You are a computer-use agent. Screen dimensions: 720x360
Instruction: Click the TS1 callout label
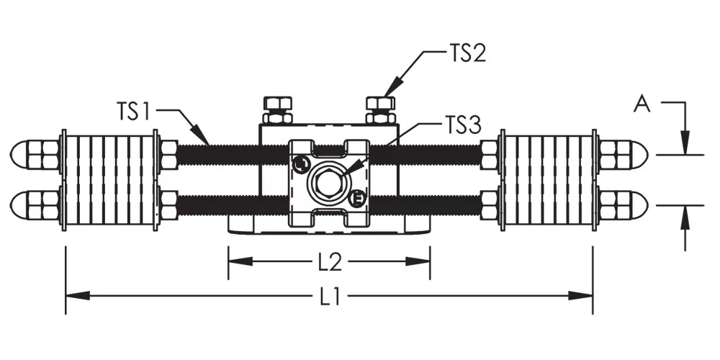tap(133, 111)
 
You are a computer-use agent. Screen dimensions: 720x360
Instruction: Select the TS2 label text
tap(467, 53)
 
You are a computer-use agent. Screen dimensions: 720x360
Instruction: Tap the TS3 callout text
tap(463, 125)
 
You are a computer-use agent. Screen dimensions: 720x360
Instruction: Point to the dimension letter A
tap(642, 104)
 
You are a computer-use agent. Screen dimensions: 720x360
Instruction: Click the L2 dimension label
tap(330, 262)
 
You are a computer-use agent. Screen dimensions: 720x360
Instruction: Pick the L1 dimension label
tap(330, 298)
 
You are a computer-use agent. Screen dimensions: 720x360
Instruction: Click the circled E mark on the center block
tap(357, 199)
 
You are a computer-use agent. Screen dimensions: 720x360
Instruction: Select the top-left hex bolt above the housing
tap(277, 110)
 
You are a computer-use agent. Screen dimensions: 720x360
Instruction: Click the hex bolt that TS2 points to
tap(380, 110)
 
